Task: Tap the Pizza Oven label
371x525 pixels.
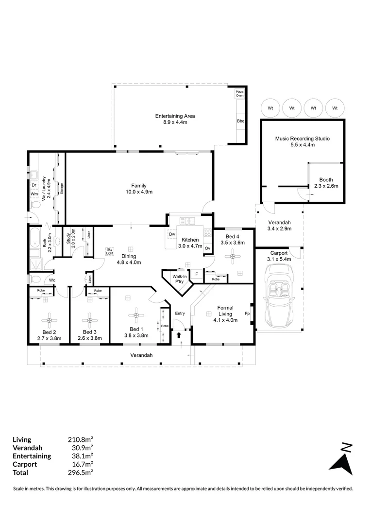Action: [239, 93]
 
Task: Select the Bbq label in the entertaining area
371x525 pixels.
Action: [240, 121]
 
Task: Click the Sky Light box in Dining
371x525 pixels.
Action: [110, 252]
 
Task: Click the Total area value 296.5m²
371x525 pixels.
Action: [80, 472]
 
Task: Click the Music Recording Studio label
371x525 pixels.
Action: [302, 139]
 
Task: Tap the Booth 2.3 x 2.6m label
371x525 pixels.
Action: [326, 183]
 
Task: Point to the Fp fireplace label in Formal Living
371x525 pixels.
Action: [247, 314]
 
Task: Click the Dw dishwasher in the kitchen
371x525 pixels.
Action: [172, 234]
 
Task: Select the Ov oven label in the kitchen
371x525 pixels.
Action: [207, 248]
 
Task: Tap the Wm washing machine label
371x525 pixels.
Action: [34, 193]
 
